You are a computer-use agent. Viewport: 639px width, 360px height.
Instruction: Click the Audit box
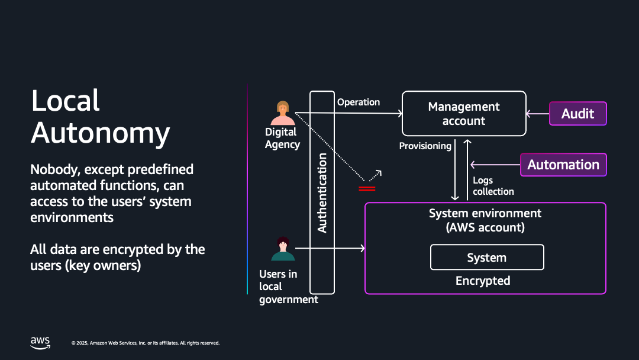click(x=577, y=114)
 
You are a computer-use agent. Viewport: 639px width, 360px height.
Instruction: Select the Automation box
click(x=563, y=165)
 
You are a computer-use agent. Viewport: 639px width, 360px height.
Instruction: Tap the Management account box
click(x=464, y=114)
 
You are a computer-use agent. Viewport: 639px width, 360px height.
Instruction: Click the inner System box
click(x=486, y=258)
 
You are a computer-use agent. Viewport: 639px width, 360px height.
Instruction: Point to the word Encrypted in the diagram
click(x=483, y=281)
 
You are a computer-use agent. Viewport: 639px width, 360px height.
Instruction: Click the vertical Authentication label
click(x=322, y=192)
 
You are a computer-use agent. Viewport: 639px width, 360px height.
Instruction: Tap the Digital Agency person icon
click(x=283, y=113)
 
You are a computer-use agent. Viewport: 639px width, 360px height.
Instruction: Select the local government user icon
click(x=283, y=249)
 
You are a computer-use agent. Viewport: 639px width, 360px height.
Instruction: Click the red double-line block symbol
click(x=367, y=188)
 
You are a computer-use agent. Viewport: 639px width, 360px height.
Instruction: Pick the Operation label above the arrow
click(x=359, y=102)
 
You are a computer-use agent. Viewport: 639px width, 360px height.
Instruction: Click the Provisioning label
click(x=425, y=146)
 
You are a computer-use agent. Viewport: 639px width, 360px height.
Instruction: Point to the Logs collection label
click(x=493, y=186)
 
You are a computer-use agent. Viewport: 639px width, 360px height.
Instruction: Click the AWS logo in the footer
click(x=40, y=342)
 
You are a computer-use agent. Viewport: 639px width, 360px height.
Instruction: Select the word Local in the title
click(x=66, y=101)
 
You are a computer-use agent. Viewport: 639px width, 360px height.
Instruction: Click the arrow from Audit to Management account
click(x=538, y=114)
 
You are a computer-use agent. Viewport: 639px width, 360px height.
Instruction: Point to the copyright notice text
click(x=146, y=343)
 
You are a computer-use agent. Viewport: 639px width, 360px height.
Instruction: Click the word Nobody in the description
click(x=56, y=169)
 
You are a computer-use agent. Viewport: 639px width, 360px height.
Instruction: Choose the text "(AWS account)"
click(x=485, y=227)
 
